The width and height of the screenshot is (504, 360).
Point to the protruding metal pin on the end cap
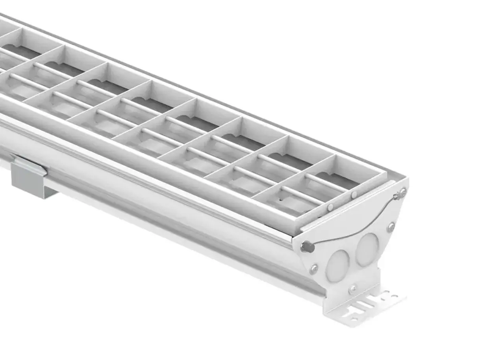308,247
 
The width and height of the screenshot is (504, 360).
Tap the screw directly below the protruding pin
314,269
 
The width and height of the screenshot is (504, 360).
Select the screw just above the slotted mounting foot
352,289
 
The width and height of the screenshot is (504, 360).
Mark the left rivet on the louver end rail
330,206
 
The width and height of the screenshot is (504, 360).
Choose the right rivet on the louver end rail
354,195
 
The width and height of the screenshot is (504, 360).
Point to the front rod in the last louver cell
301,196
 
